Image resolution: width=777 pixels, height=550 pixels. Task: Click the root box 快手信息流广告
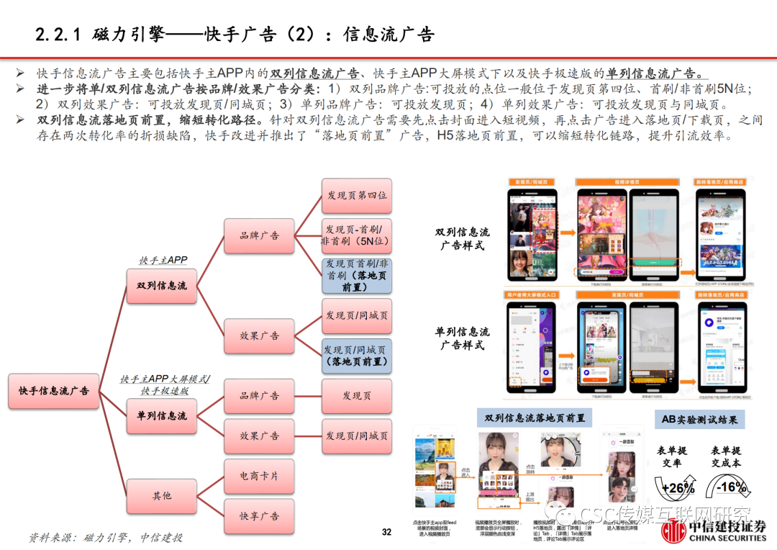(x=55, y=391)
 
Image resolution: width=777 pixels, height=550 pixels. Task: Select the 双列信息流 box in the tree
(x=161, y=286)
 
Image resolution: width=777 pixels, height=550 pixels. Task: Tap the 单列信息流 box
(x=161, y=416)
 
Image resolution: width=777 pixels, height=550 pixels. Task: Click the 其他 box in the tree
(x=161, y=495)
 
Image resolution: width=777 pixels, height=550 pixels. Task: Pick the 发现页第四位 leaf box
(x=356, y=196)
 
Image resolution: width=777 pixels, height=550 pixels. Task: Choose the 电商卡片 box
(x=259, y=477)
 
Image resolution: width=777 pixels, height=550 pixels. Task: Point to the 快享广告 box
(x=259, y=516)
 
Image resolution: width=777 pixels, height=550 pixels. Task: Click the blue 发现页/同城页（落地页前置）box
(x=356, y=356)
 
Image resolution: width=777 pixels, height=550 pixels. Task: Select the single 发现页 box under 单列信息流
(x=356, y=396)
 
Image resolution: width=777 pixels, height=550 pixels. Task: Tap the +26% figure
(x=678, y=489)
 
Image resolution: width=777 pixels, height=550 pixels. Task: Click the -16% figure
(x=732, y=487)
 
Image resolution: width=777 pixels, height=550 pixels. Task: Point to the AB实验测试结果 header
(x=699, y=420)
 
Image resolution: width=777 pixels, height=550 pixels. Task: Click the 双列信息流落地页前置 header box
(x=535, y=418)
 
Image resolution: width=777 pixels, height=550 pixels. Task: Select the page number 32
(x=386, y=532)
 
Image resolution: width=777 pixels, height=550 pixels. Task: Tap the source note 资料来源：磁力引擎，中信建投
(x=105, y=537)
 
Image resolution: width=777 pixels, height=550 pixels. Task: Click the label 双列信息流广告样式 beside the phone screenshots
(x=462, y=239)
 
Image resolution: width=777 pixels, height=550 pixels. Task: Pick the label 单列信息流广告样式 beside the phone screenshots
(x=462, y=338)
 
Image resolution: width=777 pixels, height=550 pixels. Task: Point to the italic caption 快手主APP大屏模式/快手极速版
(x=165, y=384)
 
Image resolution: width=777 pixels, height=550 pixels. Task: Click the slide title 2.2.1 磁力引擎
(x=235, y=34)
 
